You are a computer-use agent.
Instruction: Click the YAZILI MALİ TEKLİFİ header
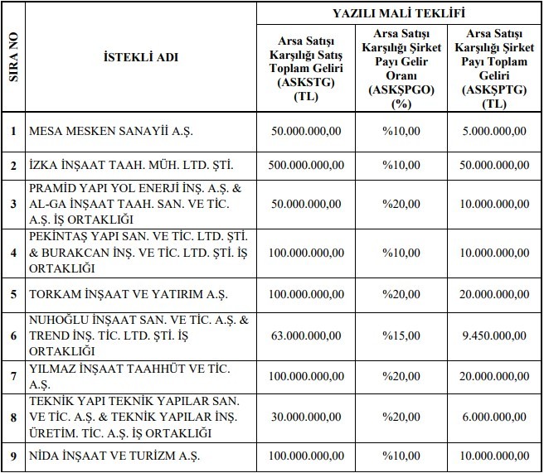coord(398,13)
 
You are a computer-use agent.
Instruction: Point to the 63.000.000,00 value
coord(305,336)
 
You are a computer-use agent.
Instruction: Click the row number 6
coord(13,336)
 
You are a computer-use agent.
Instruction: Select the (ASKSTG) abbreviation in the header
coord(305,83)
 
